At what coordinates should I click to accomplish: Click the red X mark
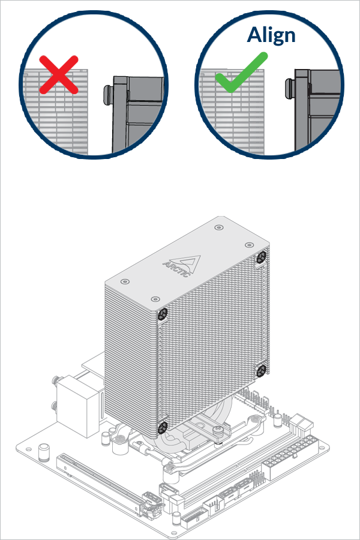point(59,74)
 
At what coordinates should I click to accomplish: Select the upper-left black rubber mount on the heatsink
point(162,314)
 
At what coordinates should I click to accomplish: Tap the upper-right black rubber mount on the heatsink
point(261,257)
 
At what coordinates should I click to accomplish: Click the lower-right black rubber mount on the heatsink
point(261,371)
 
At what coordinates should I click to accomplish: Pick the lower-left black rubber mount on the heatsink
point(162,427)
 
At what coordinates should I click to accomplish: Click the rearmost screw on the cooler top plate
point(217,227)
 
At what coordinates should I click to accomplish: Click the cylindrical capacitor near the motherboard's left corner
point(44,450)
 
